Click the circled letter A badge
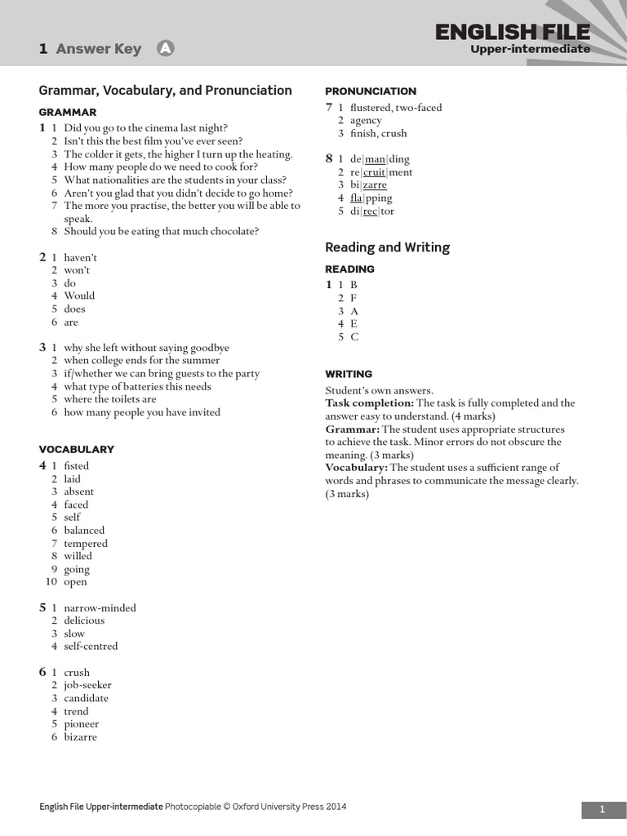tap(166, 49)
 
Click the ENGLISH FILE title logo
tap(512, 32)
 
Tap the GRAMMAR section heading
tap(68, 112)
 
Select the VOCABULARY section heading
tap(77, 449)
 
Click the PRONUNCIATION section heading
tap(371, 91)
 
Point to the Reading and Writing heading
tap(387, 247)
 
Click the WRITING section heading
tap(349, 374)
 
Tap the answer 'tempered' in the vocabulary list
tap(86, 544)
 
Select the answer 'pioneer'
tap(82, 724)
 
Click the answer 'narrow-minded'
tap(100, 608)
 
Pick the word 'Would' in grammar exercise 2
tap(79, 296)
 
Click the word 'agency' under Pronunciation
tap(366, 121)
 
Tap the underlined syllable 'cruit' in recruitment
tap(374, 172)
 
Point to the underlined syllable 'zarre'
tap(375, 185)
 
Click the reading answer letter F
tap(354, 298)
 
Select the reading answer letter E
tap(354, 324)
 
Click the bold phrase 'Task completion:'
tap(370, 403)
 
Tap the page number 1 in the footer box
tap(603, 810)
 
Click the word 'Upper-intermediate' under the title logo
tap(530, 50)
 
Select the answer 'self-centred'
tap(91, 647)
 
